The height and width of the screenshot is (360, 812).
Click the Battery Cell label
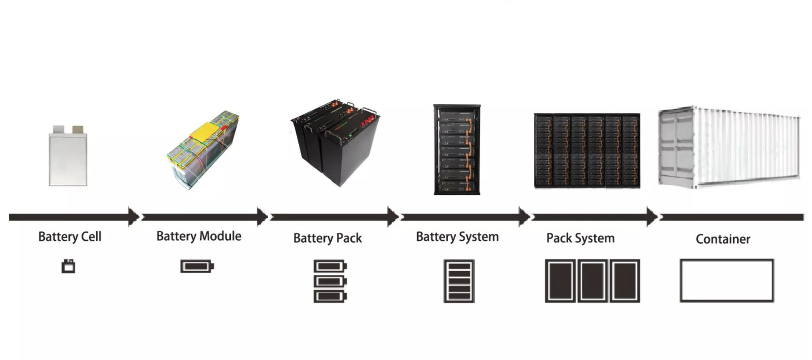[x=70, y=237]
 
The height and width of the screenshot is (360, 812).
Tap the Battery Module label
[x=199, y=236]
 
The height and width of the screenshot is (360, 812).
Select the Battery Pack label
[x=328, y=238]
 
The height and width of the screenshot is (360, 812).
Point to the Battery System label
[x=457, y=237]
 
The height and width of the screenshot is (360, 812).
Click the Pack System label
[x=580, y=238]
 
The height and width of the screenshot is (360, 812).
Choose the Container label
[x=723, y=239]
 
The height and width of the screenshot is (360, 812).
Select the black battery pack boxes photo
[x=336, y=142]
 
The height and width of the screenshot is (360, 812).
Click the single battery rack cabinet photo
[x=457, y=149]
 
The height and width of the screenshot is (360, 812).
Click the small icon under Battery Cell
[x=68, y=266]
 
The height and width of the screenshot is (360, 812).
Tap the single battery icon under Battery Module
[x=197, y=266]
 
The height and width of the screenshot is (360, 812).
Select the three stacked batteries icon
[x=330, y=281]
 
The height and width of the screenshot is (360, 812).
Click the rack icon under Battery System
[x=459, y=281]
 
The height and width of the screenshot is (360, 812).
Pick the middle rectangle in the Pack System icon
[x=592, y=281]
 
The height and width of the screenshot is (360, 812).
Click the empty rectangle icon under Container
[x=726, y=280]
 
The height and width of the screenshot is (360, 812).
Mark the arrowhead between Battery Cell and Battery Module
[x=134, y=217]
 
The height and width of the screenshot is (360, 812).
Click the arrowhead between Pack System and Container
[x=652, y=217]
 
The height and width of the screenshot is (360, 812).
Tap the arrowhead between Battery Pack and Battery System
[x=393, y=217]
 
